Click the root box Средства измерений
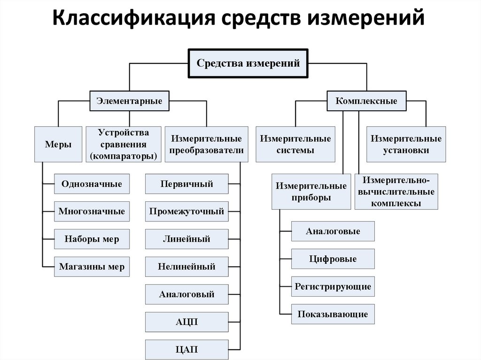[248, 63]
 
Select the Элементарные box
[129, 101]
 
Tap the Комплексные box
[366, 101]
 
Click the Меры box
[58, 145]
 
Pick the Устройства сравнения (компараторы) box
[123, 145]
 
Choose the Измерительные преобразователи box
[207, 145]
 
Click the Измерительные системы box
[295, 145]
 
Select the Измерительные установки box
[406, 145]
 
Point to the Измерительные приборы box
[310, 191]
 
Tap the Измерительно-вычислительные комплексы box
[396, 191]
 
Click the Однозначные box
[92, 184]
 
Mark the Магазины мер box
[92, 267]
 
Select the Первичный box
[186, 184]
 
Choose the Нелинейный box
[186, 267]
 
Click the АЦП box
[186, 322]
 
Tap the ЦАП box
[186, 350]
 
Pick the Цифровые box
[333, 259]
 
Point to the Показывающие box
[333, 314]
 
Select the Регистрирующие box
[333, 286]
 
